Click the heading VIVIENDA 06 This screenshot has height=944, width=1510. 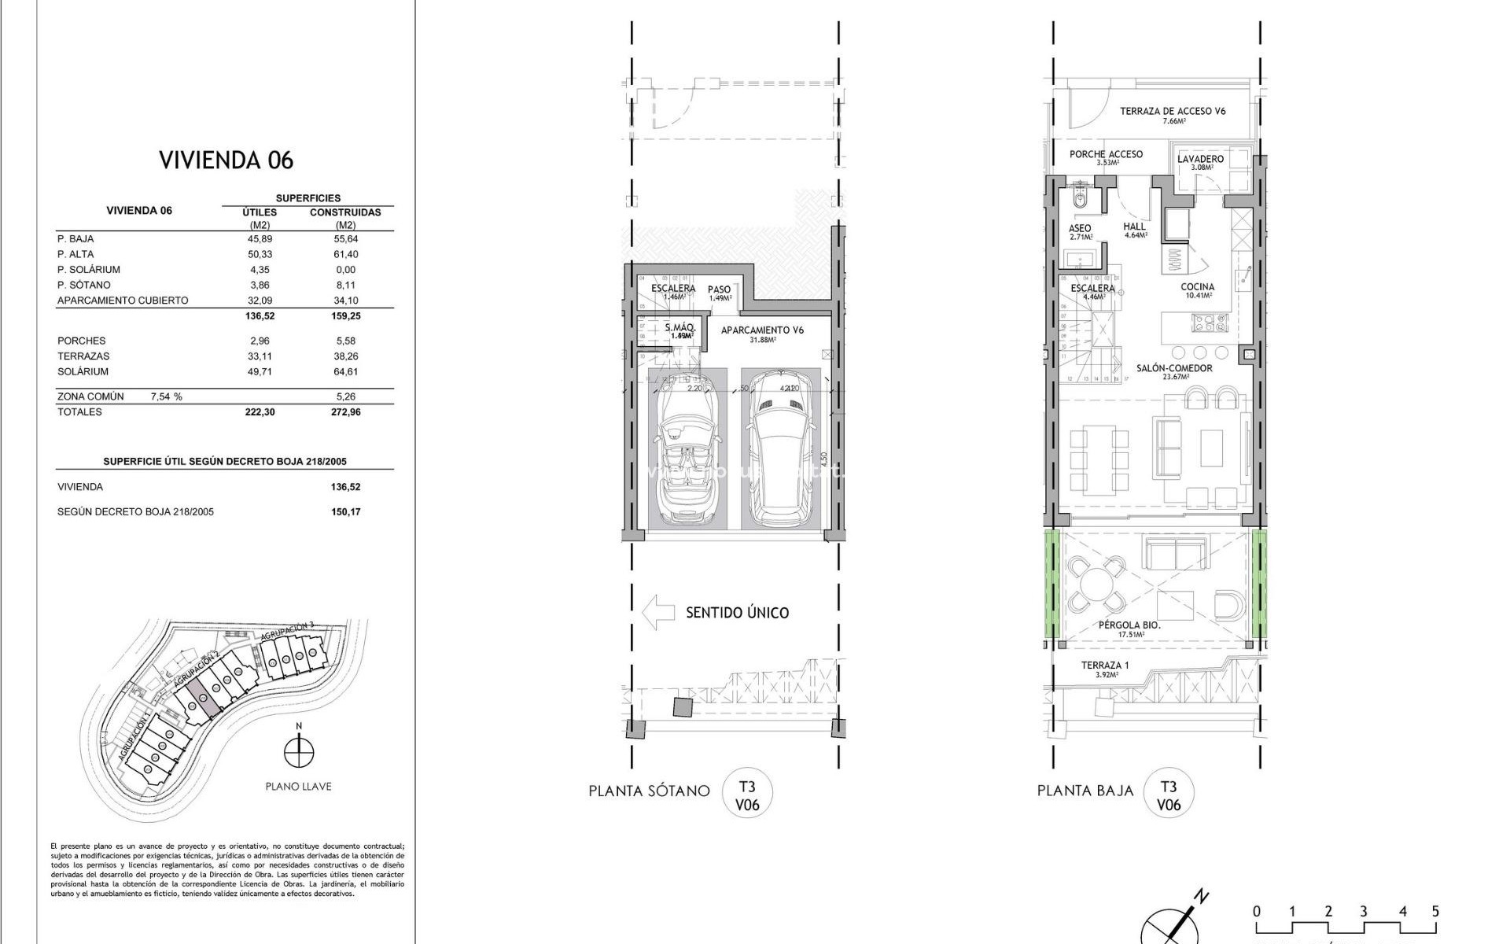pos(226,160)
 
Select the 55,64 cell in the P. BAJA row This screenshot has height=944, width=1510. pos(345,238)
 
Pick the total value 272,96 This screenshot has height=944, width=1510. pos(345,411)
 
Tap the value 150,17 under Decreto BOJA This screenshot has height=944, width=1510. pos(345,511)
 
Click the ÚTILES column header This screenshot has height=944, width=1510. pos(260,212)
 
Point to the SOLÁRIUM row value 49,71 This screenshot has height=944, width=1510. pos(260,371)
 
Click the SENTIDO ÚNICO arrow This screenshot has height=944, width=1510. pos(658,612)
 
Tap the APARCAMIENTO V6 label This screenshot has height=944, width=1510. pos(762,330)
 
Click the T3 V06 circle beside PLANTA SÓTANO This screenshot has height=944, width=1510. pos(747,795)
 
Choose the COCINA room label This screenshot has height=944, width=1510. pos(1197,287)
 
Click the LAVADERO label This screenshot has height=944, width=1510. pos(1200,159)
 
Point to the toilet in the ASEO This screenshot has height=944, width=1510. pos(1081,202)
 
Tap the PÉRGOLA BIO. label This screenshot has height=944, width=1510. pos(1129,625)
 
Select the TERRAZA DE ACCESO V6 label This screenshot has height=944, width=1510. pos(1173,111)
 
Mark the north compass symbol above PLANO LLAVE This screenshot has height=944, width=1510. pos(298,751)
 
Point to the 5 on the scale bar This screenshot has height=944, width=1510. pos(1435,912)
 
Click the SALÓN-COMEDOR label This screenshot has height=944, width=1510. pos(1174,368)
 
